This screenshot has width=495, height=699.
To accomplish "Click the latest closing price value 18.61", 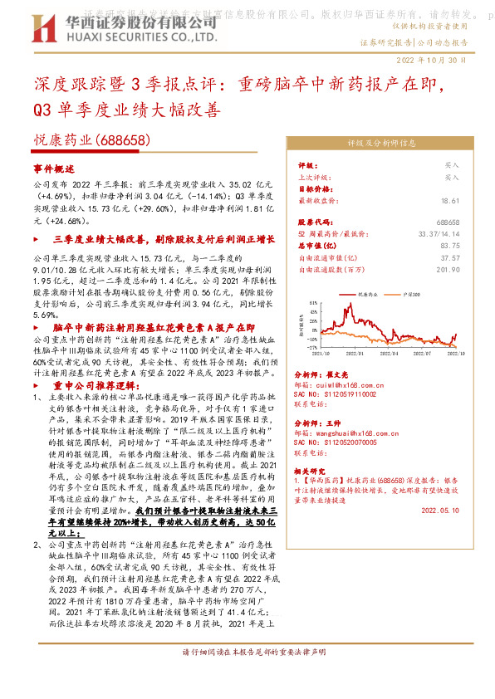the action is coord(450,201).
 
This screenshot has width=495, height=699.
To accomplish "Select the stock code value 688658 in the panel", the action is coord(448,223).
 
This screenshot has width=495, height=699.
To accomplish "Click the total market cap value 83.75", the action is coord(450,246).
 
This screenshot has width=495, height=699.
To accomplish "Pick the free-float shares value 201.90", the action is coord(448,269).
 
